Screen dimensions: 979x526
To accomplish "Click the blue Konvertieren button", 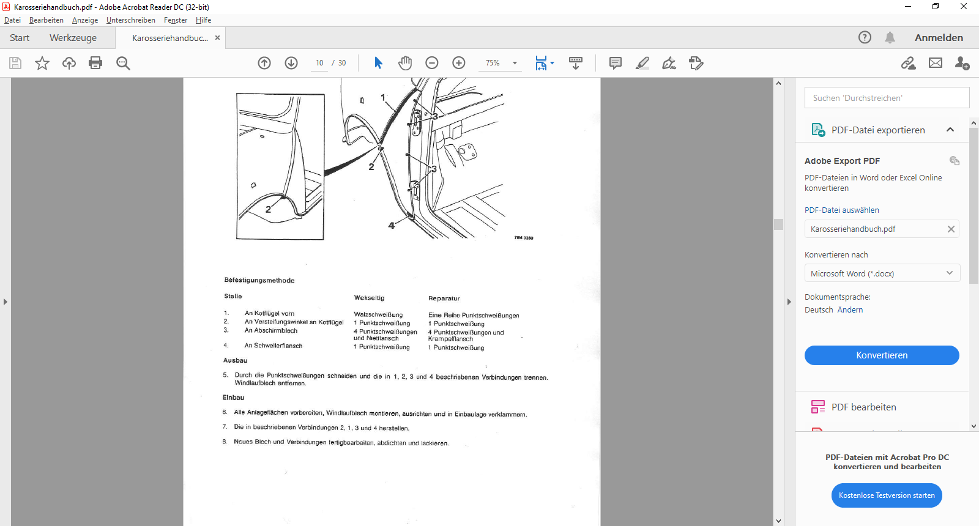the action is coord(882,355).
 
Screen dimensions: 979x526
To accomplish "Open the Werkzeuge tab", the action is coord(73,37).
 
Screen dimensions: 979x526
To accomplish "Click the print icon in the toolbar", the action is coord(95,63).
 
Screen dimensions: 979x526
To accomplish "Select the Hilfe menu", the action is coord(203,20).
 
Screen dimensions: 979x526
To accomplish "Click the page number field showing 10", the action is coord(319,63).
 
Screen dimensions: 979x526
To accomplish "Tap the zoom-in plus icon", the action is coord(458,63).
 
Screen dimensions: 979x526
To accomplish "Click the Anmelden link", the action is coord(939,37).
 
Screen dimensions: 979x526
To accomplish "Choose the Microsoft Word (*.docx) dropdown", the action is coord(882,273).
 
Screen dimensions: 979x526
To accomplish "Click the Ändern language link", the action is coord(850,309).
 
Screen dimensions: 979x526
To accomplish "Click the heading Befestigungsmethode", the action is coord(259,280).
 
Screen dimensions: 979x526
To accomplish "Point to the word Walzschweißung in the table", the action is coord(378,314).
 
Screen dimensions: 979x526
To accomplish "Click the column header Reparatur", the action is coord(444,298).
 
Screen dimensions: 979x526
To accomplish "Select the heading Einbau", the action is coord(233,398).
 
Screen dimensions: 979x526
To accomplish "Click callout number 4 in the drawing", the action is coord(391,226).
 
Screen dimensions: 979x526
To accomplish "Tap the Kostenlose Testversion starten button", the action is coord(887,495).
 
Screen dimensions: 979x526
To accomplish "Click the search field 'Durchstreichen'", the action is coord(887,98).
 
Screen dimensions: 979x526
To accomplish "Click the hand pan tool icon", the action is coord(405,63).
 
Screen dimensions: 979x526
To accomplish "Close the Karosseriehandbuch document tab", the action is coord(217,38).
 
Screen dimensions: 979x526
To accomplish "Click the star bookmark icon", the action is coord(42,63).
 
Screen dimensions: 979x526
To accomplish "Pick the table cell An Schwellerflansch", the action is coord(273,346).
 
